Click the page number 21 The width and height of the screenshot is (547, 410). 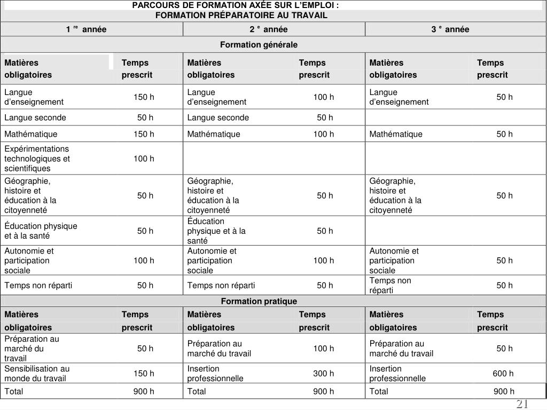tap(522, 404)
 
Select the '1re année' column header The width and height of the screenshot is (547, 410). tap(86, 29)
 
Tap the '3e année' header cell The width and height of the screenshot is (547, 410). tap(450, 29)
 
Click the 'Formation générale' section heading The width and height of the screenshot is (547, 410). tap(259, 44)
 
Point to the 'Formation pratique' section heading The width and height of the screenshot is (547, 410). tap(259, 301)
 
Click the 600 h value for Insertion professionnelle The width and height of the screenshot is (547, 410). tap(503, 373)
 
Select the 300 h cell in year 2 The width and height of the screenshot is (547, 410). tap(324, 373)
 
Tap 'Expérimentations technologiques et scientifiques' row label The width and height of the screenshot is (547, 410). tap(37, 159)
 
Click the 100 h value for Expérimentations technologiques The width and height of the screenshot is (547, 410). tap(144, 159)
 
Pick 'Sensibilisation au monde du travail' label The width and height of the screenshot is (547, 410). tap(37, 373)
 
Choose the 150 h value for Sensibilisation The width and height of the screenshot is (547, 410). tap(144, 373)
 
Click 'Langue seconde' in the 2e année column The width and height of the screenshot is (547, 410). tap(218, 117)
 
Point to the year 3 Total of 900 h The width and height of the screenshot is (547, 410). tap(504, 391)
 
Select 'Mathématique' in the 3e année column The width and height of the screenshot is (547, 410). tap(396, 134)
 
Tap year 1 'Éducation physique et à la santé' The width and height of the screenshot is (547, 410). tap(41, 231)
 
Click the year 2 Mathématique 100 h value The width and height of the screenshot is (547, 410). tap(324, 134)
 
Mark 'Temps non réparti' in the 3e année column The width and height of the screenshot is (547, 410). tap(390, 285)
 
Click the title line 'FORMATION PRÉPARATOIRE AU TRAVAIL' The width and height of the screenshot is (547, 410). tap(241, 15)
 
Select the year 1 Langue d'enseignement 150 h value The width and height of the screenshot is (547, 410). tap(144, 97)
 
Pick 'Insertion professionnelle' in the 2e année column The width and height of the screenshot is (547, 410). tap(215, 373)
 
